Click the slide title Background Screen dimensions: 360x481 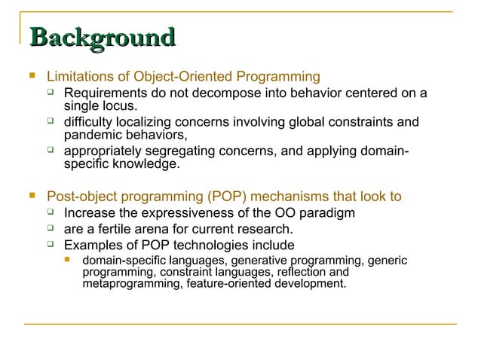(101, 38)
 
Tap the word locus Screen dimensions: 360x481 (120, 106)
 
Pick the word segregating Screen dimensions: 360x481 (175, 151)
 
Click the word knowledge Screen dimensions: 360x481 (145, 163)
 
